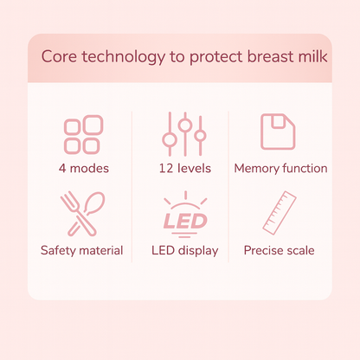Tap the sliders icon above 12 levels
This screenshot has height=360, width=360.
[183, 134]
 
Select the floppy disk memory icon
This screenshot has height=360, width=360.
[278, 132]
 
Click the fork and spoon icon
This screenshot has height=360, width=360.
[81, 214]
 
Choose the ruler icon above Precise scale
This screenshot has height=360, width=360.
[278, 214]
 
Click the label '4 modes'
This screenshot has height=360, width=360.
[83, 169]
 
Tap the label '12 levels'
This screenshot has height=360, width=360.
[184, 169]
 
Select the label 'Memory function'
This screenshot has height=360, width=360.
[280, 169]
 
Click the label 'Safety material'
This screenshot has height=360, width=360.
[81, 251]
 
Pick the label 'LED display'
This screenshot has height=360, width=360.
[183, 251]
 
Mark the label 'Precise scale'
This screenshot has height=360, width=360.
[279, 251]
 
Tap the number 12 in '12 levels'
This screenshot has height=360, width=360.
[165, 169]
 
